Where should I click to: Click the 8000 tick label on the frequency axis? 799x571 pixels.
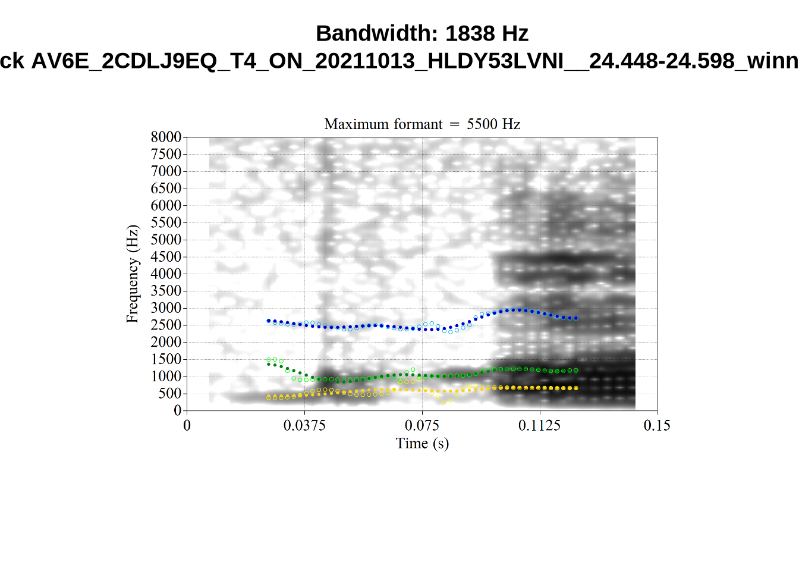tap(166, 137)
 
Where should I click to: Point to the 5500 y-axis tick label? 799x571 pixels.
tap(166, 222)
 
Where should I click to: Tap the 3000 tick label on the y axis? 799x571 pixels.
tap(166, 308)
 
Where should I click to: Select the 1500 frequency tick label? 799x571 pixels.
tap(166, 359)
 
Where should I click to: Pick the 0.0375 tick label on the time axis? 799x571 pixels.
tap(304, 425)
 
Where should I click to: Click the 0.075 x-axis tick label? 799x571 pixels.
tap(422, 425)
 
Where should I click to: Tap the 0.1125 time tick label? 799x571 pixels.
tap(539, 425)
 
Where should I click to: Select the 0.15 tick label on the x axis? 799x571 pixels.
tap(657, 425)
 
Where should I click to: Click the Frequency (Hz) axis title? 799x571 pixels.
tap(132, 274)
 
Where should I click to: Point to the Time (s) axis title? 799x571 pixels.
tap(422, 443)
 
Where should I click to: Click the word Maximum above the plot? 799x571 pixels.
tap(354, 124)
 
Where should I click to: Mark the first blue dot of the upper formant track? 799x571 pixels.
tap(268, 321)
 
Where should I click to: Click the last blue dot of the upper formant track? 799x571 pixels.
tap(576, 318)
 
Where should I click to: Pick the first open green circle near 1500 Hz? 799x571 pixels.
tap(268, 360)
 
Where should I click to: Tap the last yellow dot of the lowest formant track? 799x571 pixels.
tap(576, 388)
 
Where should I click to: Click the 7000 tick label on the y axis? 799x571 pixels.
tap(166, 171)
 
